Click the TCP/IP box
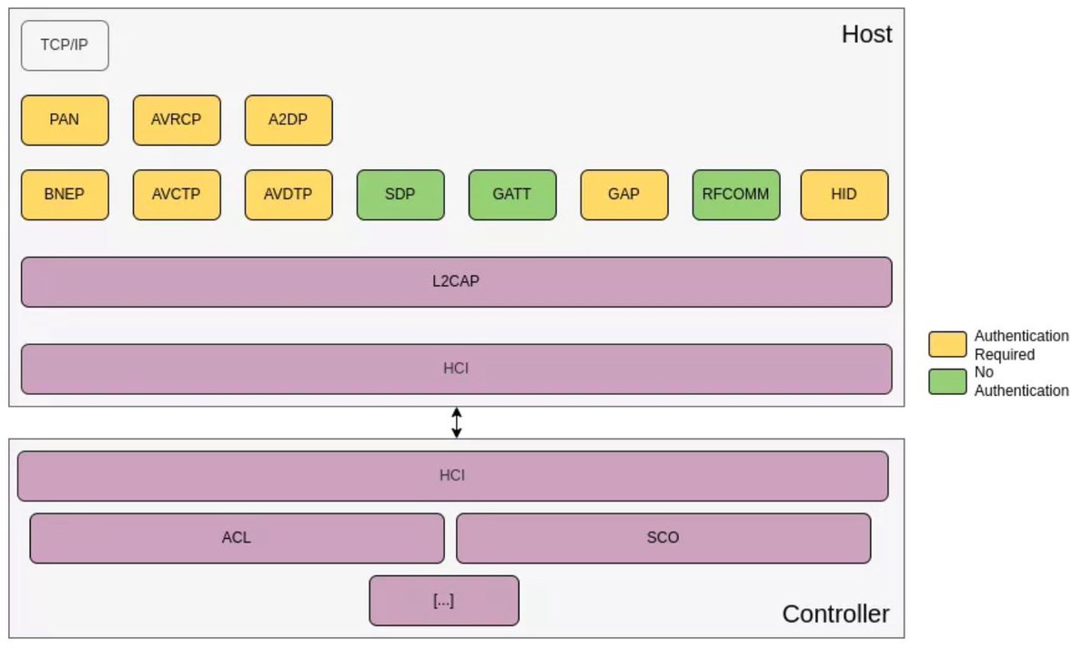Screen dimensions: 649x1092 coord(65,46)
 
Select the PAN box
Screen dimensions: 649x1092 coord(65,120)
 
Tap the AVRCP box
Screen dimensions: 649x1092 coord(177,120)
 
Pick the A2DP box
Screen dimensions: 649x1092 coord(288,120)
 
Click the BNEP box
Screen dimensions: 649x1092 coord(65,195)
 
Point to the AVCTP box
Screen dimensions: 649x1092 coord(177,195)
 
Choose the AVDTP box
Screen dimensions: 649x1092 coord(288,195)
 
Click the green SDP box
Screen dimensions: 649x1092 coord(400,195)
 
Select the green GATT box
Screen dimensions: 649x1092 coord(512,195)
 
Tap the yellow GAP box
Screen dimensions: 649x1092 coord(624,195)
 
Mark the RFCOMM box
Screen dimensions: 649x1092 coord(736,195)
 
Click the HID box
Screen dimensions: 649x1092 coord(844,195)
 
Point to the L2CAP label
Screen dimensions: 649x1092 coord(456,281)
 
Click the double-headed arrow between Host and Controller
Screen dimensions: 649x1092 coord(457,422)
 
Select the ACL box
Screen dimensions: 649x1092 coord(237,538)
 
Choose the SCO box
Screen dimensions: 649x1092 coord(662,538)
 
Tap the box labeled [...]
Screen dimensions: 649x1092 coord(444,601)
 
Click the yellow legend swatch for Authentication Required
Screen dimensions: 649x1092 coord(947,344)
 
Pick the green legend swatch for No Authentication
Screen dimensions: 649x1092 coord(947,381)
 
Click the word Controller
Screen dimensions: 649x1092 coord(835,614)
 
